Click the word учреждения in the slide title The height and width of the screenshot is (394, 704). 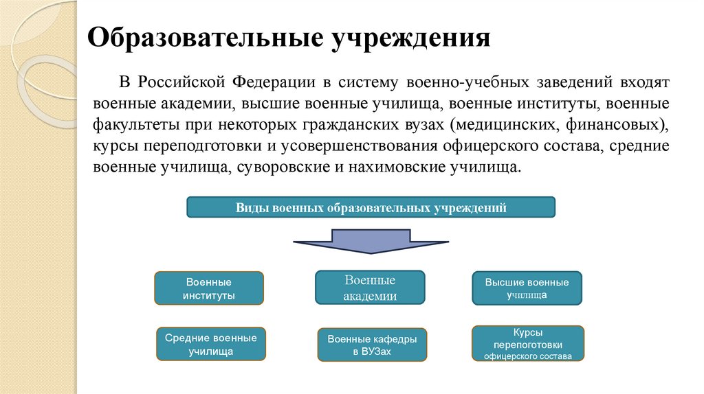411,38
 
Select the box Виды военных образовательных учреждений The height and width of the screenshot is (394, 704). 371,207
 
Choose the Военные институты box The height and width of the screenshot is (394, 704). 209,288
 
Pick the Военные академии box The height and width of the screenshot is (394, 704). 370,288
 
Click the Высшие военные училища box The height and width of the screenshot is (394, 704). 527,288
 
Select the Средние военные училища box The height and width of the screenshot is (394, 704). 211,344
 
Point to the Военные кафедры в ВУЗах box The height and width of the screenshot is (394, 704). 372,345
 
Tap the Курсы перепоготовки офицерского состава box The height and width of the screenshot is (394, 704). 527,343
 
